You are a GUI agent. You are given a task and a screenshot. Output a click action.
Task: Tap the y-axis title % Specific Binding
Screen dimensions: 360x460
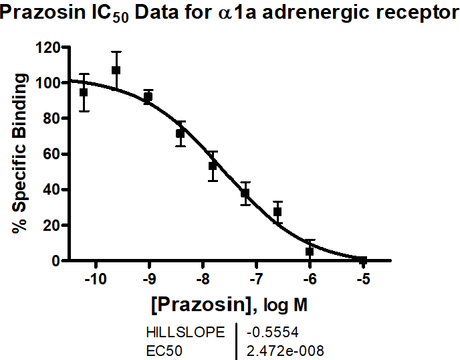(21, 153)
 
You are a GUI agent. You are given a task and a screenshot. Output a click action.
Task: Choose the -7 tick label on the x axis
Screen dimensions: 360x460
(257, 278)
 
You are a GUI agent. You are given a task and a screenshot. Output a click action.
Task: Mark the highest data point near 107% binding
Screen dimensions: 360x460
(116, 70)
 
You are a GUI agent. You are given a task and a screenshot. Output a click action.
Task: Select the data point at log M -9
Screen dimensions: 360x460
(148, 97)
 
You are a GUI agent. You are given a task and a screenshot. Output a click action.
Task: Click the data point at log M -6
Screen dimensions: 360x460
(310, 251)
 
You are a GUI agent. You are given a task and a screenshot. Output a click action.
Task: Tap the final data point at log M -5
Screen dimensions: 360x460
(363, 260)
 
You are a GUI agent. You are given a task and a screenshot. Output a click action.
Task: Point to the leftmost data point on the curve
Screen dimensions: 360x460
(84, 92)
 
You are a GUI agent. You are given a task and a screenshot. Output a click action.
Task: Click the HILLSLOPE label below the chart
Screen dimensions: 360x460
(186, 331)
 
